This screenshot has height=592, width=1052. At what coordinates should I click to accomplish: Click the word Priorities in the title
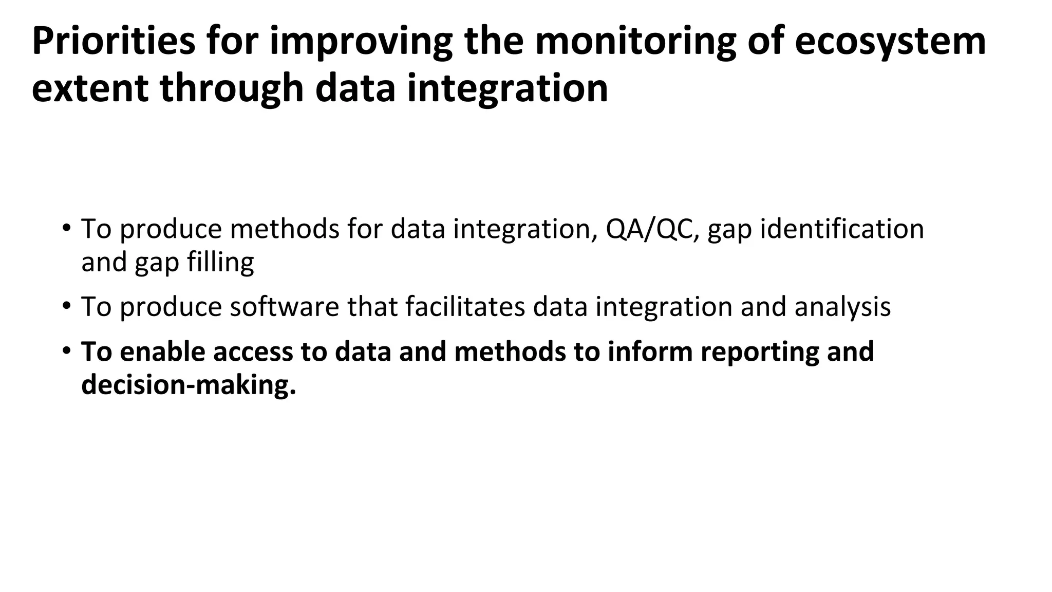(x=114, y=41)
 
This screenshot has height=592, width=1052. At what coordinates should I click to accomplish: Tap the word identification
(x=842, y=229)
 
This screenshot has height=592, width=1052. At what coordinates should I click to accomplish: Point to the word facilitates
(x=465, y=307)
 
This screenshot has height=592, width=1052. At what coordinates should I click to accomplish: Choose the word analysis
(x=842, y=307)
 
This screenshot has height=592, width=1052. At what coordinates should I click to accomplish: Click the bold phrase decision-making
(x=189, y=385)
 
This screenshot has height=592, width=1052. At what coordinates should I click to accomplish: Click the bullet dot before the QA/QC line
(x=66, y=228)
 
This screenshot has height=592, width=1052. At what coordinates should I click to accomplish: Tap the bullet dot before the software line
(x=66, y=306)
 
